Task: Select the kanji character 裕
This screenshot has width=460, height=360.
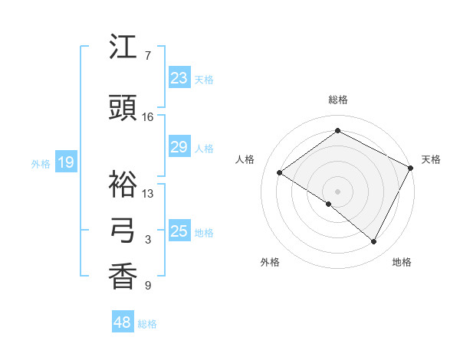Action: [123, 184]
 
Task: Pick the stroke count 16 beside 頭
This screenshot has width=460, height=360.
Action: [148, 117]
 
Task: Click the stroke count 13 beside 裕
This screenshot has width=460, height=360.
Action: [148, 194]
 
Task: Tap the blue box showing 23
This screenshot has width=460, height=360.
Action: [179, 78]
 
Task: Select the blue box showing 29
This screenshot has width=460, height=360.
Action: [179, 147]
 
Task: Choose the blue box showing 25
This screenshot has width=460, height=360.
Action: [179, 231]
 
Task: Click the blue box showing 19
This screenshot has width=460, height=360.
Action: [65, 162]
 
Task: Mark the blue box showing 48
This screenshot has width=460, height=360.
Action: [123, 322]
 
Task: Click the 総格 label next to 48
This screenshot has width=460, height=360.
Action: [148, 324]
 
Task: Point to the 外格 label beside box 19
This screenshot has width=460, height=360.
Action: [41, 163]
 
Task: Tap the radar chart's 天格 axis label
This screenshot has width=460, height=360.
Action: [431, 159]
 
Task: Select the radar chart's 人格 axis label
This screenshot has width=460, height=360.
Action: [245, 159]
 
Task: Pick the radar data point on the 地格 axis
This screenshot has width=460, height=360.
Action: [374, 242]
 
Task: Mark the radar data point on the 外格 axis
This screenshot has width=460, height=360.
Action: [329, 204]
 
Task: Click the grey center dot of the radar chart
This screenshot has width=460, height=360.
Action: [337, 191]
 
